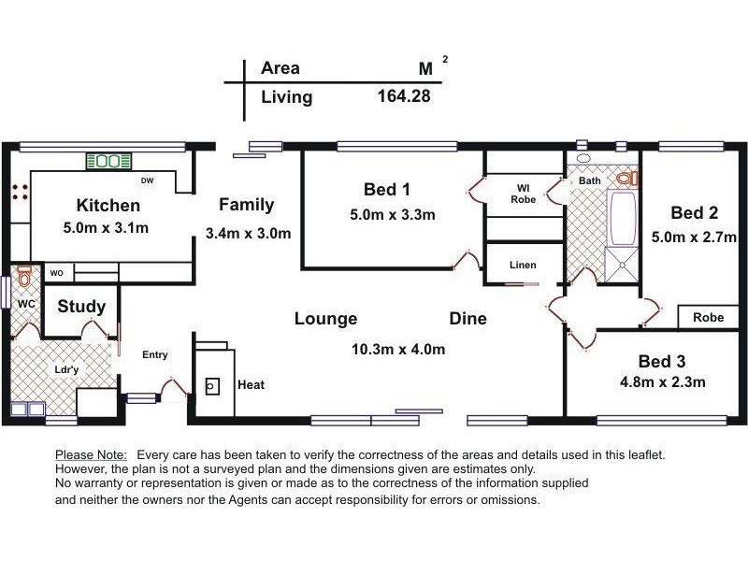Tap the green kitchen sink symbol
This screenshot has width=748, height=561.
coord(108,161)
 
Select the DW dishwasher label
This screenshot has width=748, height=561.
coord(147,180)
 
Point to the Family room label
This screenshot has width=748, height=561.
coord(247,205)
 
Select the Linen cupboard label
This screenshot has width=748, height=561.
coord(523,265)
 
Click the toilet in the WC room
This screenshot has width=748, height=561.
coord(25,277)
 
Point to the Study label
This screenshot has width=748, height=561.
coord(81,307)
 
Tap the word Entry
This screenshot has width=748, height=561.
coord(155,354)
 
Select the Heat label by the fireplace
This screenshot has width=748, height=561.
coord(251,384)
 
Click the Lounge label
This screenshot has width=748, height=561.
coord(325,319)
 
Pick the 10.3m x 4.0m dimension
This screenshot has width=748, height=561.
coord(397,350)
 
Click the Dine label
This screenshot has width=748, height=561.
coord(467,319)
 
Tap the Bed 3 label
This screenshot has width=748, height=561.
coord(662,361)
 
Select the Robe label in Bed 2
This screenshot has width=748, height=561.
coord(708,318)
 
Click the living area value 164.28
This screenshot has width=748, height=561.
coord(403,95)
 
